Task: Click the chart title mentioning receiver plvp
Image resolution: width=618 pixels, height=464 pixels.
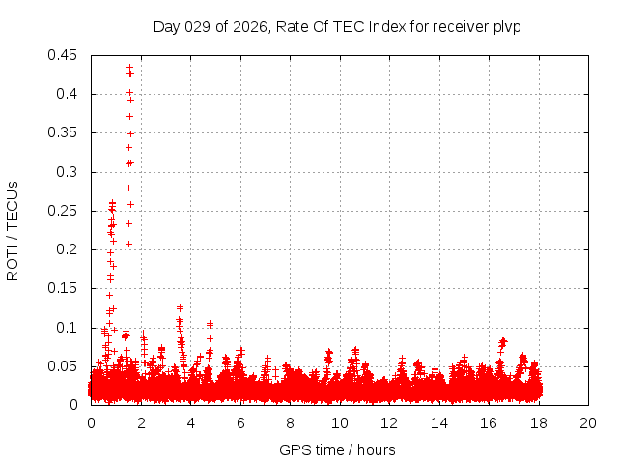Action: point(337,26)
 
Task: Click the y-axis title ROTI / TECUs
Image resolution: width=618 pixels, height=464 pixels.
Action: point(13,230)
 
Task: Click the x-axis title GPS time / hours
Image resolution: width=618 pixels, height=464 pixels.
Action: point(337,449)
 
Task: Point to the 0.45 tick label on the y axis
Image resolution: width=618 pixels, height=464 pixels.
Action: point(64,55)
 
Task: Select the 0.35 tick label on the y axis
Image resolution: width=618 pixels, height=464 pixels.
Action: point(64,132)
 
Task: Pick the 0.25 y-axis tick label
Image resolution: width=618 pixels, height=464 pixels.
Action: point(64,211)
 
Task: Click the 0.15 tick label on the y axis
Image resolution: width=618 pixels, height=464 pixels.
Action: point(64,288)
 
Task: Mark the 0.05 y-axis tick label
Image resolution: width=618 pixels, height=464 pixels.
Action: point(64,366)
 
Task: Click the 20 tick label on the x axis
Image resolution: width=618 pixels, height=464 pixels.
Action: point(588,423)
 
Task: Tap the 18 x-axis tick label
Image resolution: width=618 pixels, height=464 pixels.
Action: point(539,423)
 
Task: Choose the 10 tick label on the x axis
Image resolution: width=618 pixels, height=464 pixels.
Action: point(340,423)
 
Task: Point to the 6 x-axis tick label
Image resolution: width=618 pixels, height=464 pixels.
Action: point(240,423)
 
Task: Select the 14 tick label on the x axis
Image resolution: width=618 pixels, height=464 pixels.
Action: point(439,423)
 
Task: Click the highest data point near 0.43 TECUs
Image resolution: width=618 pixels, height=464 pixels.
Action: point(129,68)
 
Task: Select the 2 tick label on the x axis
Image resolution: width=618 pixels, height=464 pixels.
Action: point(141,423)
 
